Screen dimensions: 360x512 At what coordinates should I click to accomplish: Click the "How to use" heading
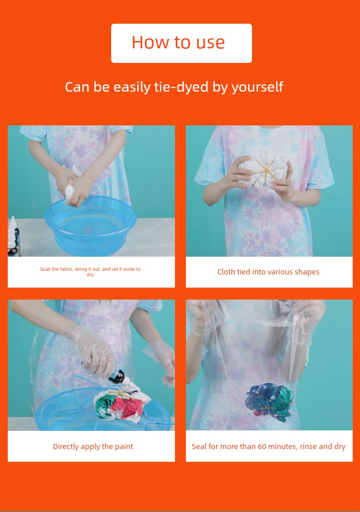click(178, 42)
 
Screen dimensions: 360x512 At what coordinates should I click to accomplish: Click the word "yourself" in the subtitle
click(257, 88)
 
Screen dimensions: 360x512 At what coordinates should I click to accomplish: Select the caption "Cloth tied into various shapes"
click(268, 272)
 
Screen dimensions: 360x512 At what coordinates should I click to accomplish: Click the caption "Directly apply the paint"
click(93, 447)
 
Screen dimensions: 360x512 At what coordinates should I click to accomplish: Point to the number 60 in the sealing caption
click(262, 446)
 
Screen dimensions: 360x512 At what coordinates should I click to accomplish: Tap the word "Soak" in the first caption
click(45, 269)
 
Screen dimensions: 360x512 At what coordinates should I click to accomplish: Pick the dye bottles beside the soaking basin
click(14, 237)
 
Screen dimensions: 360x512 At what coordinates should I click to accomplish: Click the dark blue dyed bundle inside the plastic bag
click(269, 402)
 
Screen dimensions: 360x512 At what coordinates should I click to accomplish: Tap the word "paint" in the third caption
click(123, 447)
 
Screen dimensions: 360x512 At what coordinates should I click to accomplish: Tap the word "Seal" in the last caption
click(199, 446)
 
